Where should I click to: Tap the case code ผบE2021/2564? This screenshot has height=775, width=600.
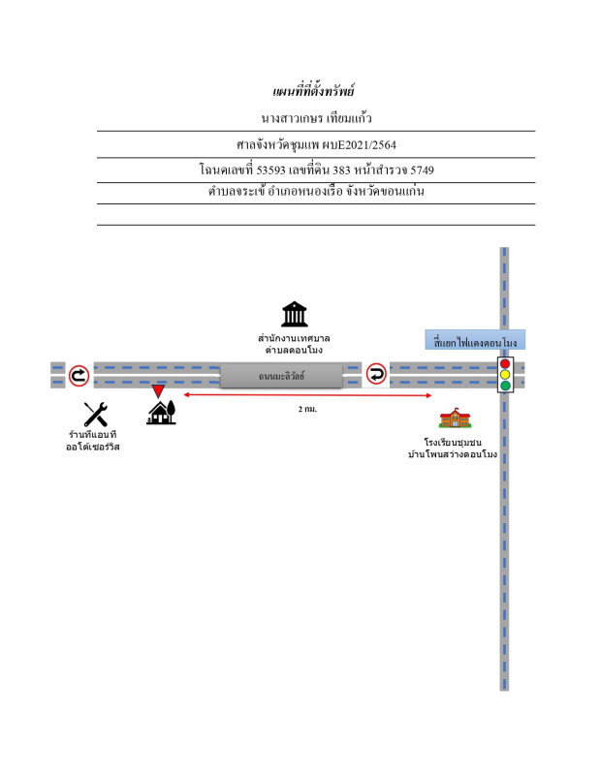[357, 144]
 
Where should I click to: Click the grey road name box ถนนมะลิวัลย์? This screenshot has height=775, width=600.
[281, 374]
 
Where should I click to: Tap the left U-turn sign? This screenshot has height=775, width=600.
[79, 374]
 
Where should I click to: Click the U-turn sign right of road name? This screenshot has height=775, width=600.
[376, 374]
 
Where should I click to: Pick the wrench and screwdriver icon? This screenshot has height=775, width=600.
[95, 415]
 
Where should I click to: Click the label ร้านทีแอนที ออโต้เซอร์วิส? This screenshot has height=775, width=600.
[93, 441]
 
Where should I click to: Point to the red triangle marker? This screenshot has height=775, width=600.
[158, 391]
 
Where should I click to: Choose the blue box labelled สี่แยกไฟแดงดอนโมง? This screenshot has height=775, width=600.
[475, 342]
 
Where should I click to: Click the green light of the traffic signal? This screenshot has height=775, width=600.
[504, 385]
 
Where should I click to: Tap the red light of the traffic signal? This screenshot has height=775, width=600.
[504, 363]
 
